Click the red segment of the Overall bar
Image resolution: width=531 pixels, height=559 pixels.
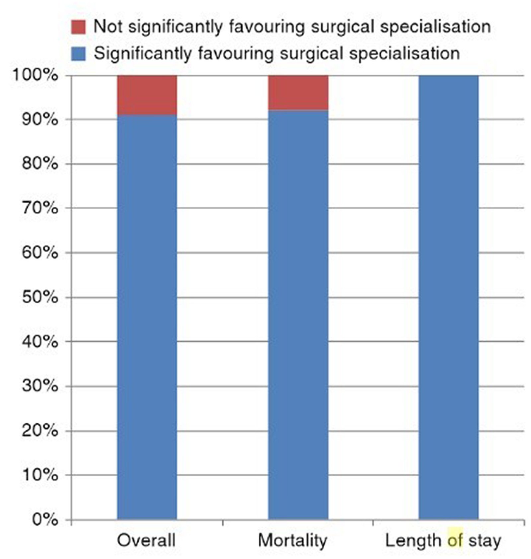coord(147,95)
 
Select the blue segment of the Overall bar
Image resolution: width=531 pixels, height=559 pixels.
coord(147,317)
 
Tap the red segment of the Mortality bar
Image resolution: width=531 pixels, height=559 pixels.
coord(298,93)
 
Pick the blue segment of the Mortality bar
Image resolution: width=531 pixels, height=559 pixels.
coord(298,315)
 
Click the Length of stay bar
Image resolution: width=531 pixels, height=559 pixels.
coord(449,298)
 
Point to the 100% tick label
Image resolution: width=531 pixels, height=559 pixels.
coord(36,75)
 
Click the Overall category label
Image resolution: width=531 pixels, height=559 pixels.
coord(146,540)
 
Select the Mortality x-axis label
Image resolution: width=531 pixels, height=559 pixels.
coord(293,541)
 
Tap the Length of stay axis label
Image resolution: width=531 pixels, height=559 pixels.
coord(443,541)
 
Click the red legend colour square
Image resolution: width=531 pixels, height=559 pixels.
coord(78,27)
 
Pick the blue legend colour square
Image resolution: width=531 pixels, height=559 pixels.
coord(78,54)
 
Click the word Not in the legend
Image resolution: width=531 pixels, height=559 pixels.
coord(108,26)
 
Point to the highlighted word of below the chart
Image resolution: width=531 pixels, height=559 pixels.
coord(455,540)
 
